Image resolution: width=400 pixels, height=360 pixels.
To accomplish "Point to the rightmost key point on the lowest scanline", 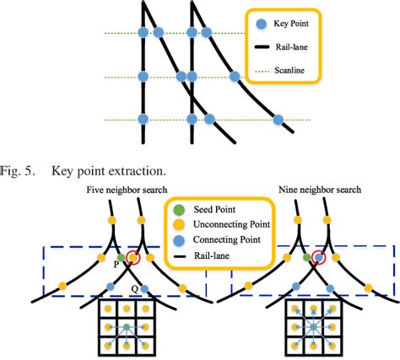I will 278,119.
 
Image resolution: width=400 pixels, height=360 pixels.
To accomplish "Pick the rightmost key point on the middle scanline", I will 235,78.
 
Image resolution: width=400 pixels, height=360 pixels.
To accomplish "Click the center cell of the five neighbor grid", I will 126,325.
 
